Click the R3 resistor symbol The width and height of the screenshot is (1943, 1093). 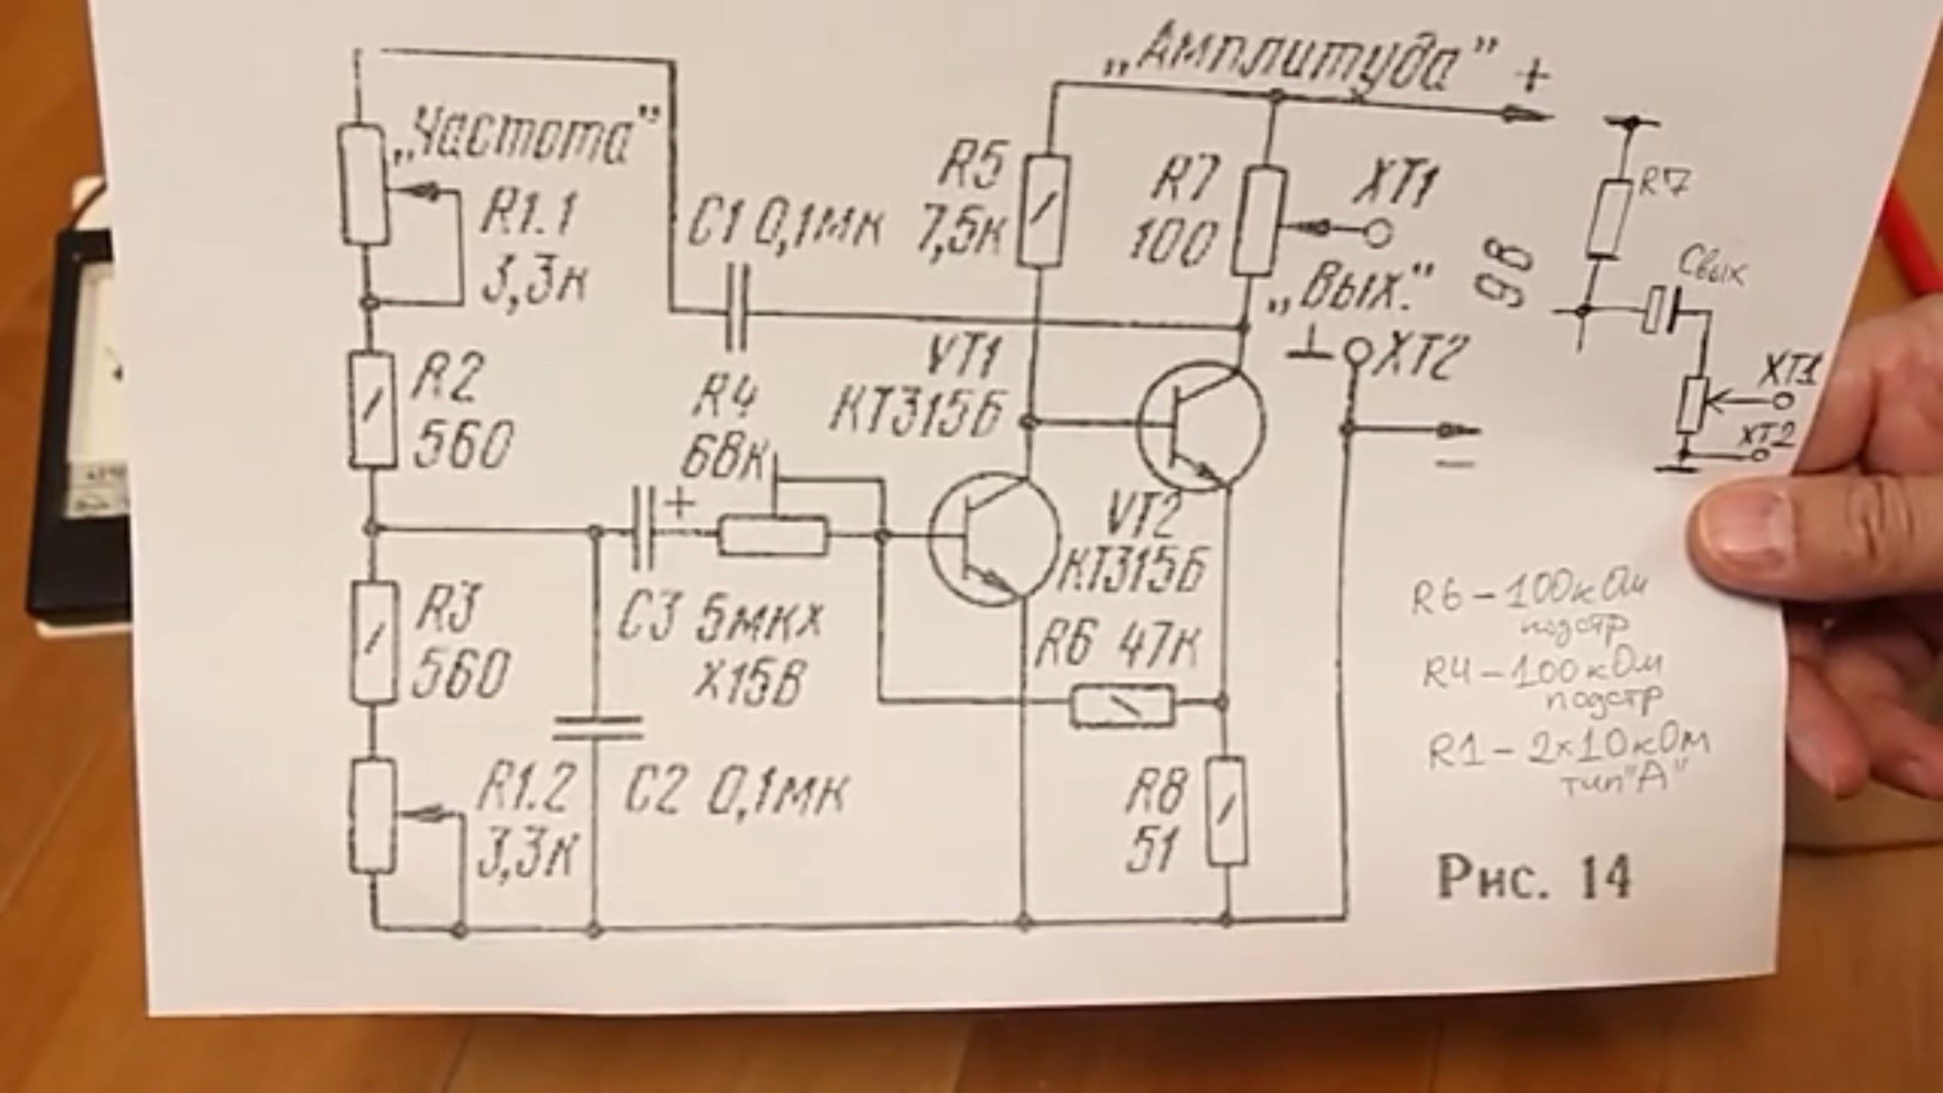tap(373, 641)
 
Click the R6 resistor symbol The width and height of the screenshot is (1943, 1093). tap(1122, 705)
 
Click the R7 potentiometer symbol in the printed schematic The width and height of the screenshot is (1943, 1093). tap(1258, 222)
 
